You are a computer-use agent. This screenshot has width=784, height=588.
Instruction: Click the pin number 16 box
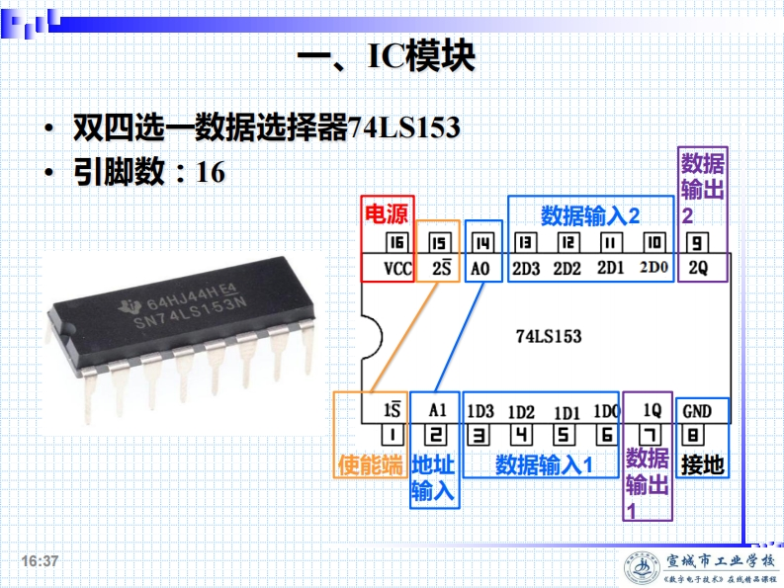pyautogui.click(x=397, y=242)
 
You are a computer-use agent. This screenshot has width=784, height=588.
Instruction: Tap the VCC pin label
pyautogui.click(x=397, y=268)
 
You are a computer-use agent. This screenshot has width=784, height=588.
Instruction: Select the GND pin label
pyautogui.click(x=698, y=410)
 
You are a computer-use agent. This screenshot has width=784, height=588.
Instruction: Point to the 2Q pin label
pyautogui.click(x=698, y=268)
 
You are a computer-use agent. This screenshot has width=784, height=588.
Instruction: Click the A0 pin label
pyautogui.click(x=481, y=268)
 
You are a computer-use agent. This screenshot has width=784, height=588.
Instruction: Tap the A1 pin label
pyautogui.click(x=438, y=410)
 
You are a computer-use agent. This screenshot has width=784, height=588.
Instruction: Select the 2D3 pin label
pyautogui.click(x=526, y=268)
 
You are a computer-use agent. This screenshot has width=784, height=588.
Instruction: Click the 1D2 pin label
pyautogui.click(x=521, y=411)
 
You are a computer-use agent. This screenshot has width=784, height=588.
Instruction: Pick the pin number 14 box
pyautogui.click(x=481, y=242)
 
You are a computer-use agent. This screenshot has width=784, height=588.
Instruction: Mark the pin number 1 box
pyautogui.click(x=392, y=434)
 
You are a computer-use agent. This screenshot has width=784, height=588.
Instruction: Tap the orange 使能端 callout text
pyautogui.click(x=371, y=464)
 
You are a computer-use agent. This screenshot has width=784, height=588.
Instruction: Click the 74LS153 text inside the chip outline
pyautogui.click(x=549, y=336)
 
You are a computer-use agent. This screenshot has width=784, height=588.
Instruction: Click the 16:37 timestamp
pyautogui.click(x=42, y=561)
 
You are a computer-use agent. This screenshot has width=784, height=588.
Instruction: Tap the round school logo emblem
pyautogui.click(x=644, y=568)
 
